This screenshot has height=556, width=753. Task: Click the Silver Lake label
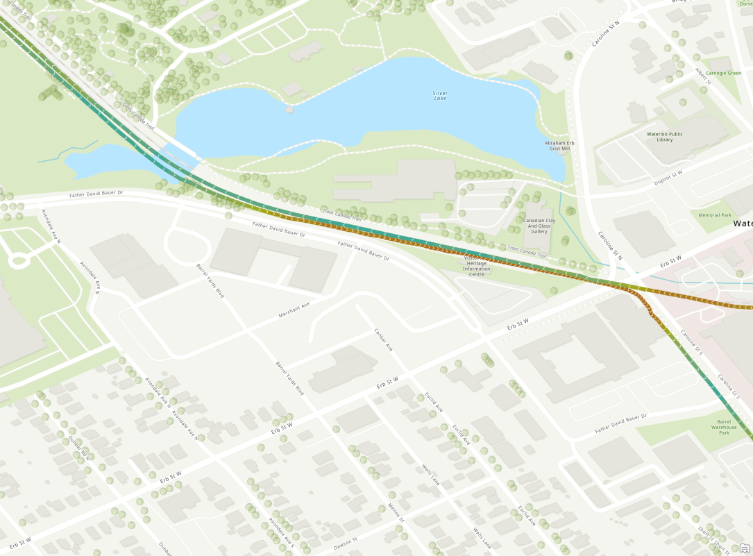[x=440, y=96]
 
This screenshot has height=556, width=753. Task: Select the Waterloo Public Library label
[x=655, y=136]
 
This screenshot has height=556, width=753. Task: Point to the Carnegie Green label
[x=725, y=73]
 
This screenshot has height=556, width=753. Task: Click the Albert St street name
[x=704, y=77]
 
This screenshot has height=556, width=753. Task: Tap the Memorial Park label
[x=715, y=215]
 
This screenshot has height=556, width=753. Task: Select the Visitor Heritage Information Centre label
[x=477, y=266]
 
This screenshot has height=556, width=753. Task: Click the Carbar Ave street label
[x=384, y=339]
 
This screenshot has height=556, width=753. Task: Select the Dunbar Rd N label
[x=79, y=448]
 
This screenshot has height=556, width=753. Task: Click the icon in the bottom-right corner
[x=745, y=548]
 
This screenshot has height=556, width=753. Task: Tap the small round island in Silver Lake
[x=289, y=110]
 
